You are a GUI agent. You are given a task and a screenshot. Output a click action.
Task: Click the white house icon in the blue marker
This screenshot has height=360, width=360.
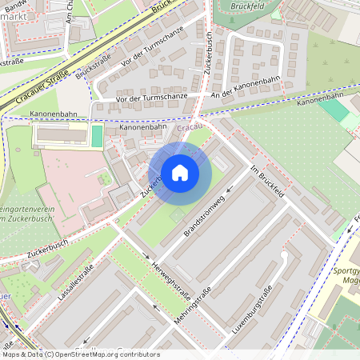tap(179, 173)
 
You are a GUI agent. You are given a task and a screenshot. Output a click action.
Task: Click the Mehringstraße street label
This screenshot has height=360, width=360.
tap(192, 304)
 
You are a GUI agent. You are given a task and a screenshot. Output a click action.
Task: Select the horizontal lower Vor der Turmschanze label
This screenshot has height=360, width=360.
tap(150, 98)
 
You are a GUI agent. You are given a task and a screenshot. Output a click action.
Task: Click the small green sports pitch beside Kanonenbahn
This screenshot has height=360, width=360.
tap(97, 135)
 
